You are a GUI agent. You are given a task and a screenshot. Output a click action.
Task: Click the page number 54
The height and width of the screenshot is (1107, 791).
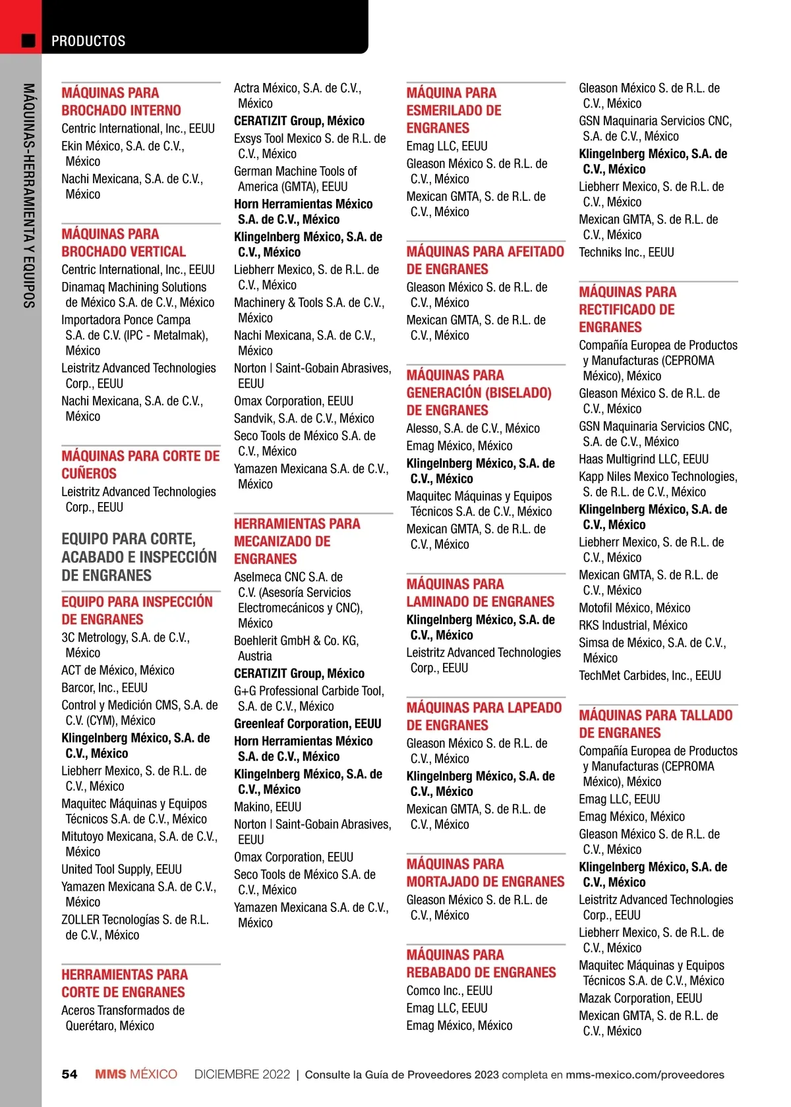click(x=69, y=1074)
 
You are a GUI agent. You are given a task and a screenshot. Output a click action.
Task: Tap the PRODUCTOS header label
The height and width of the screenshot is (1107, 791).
click(x=88, y=41)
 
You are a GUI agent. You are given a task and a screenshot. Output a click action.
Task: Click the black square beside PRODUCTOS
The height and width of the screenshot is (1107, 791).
click(x=28, y=41)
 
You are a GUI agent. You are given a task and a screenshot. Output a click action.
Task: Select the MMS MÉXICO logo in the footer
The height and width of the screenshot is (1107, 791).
click(x=136, y=1074)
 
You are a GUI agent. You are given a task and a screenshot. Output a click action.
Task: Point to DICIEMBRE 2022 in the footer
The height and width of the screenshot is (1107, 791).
click(x=242, y=1074)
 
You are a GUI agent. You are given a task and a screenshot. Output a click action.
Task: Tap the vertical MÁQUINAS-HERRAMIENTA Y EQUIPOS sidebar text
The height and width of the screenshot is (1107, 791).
click(x=28, y=195)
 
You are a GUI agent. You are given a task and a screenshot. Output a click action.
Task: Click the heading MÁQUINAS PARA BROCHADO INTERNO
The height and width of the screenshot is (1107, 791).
click(x=121, y=101)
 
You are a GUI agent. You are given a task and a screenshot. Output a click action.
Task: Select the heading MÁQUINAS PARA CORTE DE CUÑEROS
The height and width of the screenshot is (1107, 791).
click(x=140, y=465)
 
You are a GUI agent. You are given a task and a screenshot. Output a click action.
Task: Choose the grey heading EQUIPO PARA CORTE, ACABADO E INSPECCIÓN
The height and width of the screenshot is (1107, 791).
click(x=139, y=557)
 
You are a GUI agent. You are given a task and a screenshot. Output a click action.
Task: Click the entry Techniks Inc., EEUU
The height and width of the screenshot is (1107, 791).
click(x=626, y=252)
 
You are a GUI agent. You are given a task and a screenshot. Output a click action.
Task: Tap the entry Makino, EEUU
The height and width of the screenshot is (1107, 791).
click(x=268, y=807)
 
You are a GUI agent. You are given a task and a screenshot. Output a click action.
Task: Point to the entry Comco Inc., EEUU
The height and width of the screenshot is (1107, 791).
click(x=450, y=990)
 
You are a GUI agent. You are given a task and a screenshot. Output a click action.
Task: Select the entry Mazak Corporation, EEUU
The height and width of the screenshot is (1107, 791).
click(x=640, y=998)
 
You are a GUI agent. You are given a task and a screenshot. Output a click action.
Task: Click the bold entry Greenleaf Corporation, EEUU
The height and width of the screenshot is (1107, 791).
click(x=308, y=724)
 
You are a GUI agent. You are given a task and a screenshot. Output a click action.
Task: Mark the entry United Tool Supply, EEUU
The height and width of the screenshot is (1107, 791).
click(x=121, y=869)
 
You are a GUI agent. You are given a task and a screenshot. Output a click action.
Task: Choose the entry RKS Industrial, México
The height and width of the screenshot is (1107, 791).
click(x=633, y=625)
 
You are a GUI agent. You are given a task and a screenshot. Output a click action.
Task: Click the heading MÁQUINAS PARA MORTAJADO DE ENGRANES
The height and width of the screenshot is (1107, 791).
click(x=485, y=872)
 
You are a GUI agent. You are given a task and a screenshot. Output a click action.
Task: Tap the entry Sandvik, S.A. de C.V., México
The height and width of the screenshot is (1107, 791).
click(x=304, y=418)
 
